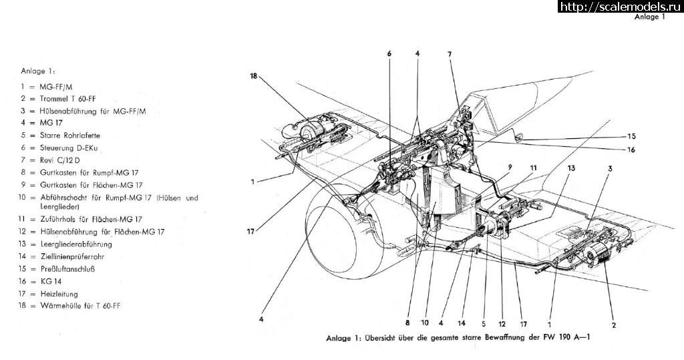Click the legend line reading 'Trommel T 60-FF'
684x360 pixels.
(x=67, y=99)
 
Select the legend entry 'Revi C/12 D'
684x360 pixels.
(x=59, y=160)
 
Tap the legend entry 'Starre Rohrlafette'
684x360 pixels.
(x=69, y=136)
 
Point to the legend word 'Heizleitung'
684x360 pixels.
(x=59, y=294)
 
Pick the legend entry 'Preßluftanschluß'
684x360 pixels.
(x=67, y=268)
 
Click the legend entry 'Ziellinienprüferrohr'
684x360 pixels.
(x=72, y=256)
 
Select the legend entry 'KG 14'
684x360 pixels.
(x=51, y=281)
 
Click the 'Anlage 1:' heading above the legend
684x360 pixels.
(x=38, y=71)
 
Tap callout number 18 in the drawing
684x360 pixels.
(x=254, y=76)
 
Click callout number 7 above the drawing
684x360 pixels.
(x=450, y=55)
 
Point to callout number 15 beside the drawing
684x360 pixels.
(x=632, y=136)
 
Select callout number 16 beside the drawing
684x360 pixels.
(x=631, y=150)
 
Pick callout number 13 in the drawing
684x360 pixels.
(x=571, y=168)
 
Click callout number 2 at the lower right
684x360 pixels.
(x=614, y=325)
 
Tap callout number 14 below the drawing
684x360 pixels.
(x=462, y=323)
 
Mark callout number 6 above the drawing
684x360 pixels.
(x=389, y=53)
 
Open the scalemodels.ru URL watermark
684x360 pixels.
(x=621, y=7)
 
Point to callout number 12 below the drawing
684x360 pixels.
(x=502, y=324)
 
